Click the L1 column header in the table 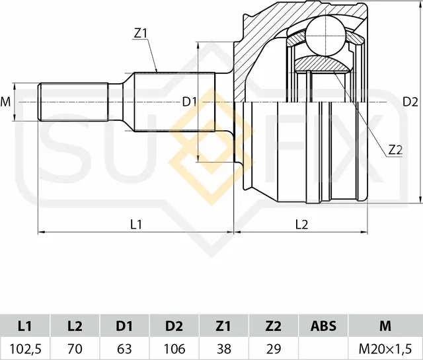(x=25, y=326)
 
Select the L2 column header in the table (x=75, y=326)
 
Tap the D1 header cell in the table (x=124, y=326)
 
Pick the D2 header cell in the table (x=174, y=326)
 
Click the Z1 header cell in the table (x=223, y=326)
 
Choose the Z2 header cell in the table (x=273, y=326)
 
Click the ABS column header (x=323, y=326)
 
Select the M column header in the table (x=385, y=326)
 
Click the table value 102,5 (x=25, y=347)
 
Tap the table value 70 (x=75, y=347)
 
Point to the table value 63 (x=124, y=347)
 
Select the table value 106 (x=174, y=347)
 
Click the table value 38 (x=223, y=347)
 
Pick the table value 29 (x=273, y=347)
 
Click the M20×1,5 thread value (x=385, y=347)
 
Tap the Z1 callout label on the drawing (x=140, y=32)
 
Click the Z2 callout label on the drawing (x=395, y=150)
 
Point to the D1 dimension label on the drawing (x=190, y=101)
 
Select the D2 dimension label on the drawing (x=410, y=102)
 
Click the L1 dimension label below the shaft (x=136, y=224)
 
